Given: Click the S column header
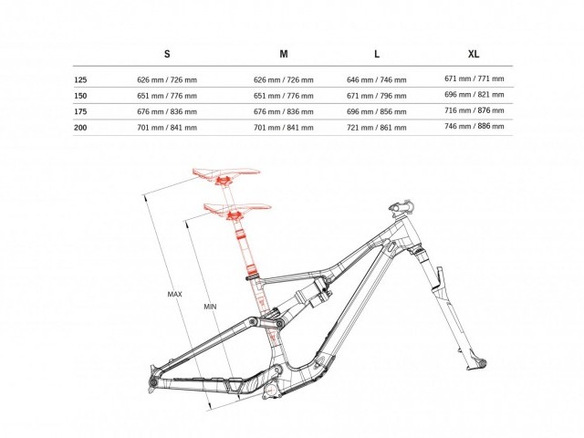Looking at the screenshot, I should click(x=167, y=55).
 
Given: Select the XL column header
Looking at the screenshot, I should click(x=474, y=55).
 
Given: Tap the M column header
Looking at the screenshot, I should click(x=284, y=55).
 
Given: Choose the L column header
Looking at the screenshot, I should click(x=377, y=55).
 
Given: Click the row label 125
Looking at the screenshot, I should click(x=81, y=80).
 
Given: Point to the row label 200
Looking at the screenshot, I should click(x=81, y=127).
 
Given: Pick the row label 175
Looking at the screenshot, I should click(x=81, y=111).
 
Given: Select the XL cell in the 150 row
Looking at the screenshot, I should click(x=474, y=95).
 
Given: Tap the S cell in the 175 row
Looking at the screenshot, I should click(x=166, y=111).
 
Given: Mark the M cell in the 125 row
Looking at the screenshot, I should click(x=283, y=80).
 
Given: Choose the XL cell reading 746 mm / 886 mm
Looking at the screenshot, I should click(x=474, y=126).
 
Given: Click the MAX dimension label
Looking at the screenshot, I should click(x=176, y=294).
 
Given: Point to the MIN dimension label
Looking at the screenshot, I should click(x=210, y=306).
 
